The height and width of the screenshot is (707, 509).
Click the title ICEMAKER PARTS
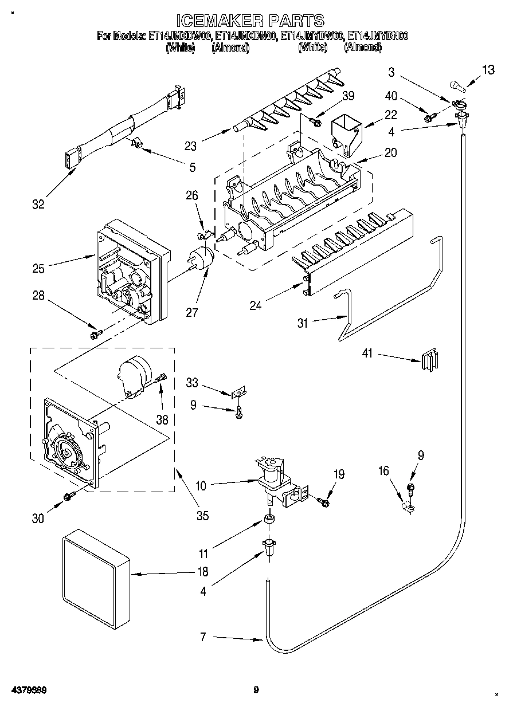[x=250, y=21]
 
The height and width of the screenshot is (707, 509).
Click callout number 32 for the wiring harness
[x=38, y=204]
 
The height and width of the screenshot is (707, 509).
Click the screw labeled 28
[x=96, y=332]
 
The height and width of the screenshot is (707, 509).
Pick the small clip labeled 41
[x=429, y=361]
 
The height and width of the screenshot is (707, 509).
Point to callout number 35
[x=202, y=516]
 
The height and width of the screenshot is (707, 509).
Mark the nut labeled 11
[x=268, y=520]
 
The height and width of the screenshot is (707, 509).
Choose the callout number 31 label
[x=303, y=324]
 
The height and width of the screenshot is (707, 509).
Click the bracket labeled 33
[x=239, y=393]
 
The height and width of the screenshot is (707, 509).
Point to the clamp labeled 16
[x=409, y=506]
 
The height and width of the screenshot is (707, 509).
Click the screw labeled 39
[x=314, y=120]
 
